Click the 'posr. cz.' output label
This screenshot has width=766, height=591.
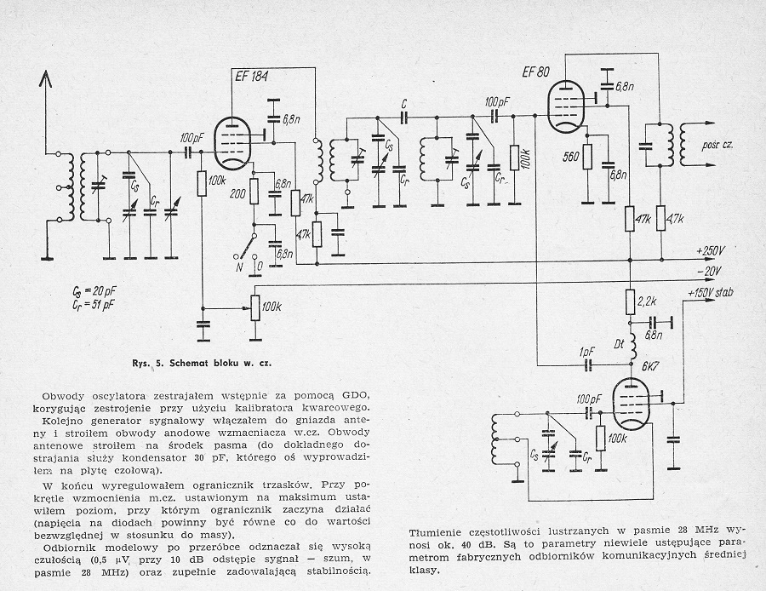[x=720, y=146]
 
